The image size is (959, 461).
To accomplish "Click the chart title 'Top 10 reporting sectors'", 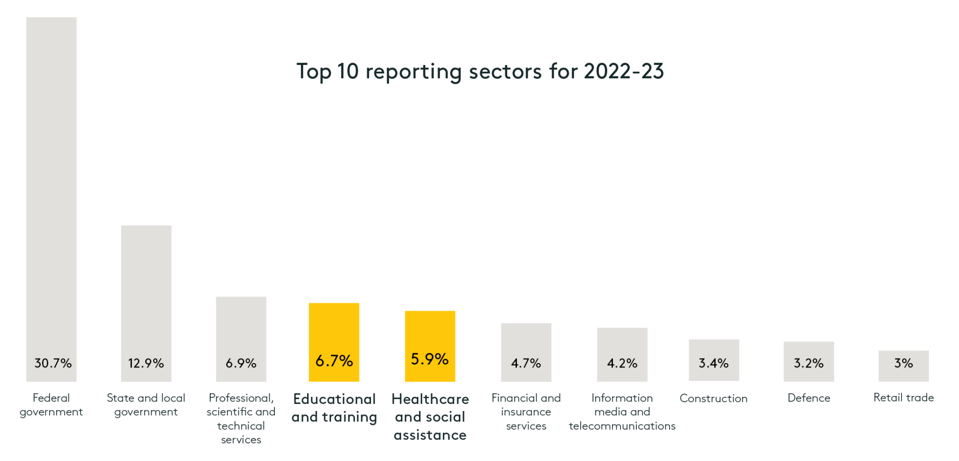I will pos(479,72).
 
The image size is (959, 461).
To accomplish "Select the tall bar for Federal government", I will pos(51,187).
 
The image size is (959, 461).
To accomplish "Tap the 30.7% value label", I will pos(53,363).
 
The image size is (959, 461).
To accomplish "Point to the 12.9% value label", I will pos(146,363).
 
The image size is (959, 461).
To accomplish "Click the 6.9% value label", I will pos(241,363).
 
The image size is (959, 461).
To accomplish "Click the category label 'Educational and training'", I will pos(334,408).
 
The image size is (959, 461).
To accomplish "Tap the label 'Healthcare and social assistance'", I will pos(430,417).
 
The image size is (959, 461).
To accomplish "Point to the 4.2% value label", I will pos(622,363).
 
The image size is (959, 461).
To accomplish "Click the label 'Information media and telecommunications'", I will pos(622,412).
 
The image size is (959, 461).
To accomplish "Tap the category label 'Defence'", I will pos(809,398).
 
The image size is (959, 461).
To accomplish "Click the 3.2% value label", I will pos(809,363).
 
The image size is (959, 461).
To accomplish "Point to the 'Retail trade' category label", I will pos(904,398).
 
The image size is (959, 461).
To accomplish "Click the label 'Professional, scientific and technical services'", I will pos(241,419).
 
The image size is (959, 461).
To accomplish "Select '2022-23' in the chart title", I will pos(624,72).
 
